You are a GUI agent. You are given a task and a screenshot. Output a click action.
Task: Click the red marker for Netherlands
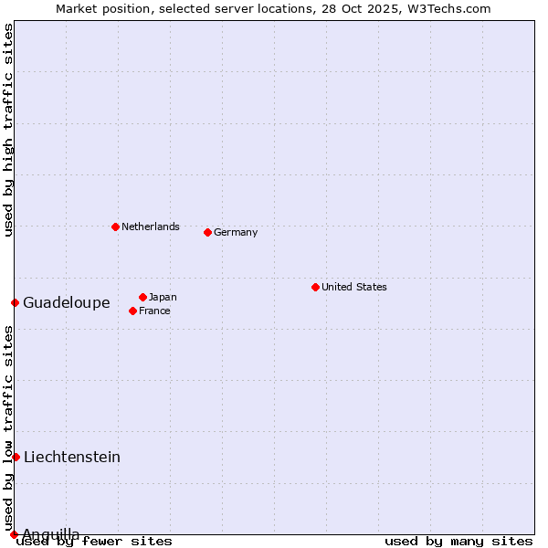pos(115,227)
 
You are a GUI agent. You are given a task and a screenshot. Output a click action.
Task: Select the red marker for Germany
pos(207,232)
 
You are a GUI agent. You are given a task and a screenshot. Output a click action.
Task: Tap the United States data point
pos(315,287)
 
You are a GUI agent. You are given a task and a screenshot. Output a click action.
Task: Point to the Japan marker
pos(142,297)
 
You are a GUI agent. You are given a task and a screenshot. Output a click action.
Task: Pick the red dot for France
pos(132,311)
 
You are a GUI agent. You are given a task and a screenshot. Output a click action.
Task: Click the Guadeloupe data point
pos(15,302)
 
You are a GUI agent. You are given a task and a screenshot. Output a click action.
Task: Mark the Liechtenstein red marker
pos(16,457)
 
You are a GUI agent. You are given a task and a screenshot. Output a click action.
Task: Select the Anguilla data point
pos(14,534)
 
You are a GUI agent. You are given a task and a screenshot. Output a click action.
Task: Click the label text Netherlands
pos(151,227)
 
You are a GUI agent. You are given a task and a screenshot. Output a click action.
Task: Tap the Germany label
pos(236,232)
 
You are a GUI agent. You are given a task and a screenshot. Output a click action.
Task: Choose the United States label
pos(354,287)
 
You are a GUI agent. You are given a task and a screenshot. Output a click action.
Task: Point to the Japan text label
pos(163,297)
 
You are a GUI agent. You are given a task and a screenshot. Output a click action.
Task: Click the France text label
pos(154,311)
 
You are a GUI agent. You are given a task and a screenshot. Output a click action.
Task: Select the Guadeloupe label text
pos(67,303)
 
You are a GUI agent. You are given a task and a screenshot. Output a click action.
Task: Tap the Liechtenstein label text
pos(72,458)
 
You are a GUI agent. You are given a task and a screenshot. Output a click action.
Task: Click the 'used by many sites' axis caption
pos(458,541)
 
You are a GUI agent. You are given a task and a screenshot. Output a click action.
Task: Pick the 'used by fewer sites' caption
pos(95,541)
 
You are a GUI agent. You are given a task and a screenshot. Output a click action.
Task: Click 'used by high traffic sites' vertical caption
pos(9,131)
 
